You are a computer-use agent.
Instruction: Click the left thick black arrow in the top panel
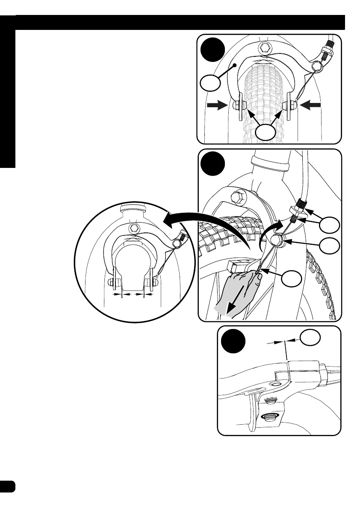tap(216, 106)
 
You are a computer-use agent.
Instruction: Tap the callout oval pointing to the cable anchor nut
tap(330, 246)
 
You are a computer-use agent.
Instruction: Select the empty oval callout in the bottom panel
tap(310, 338)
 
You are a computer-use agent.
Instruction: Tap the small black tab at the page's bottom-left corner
tap(8, 486)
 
